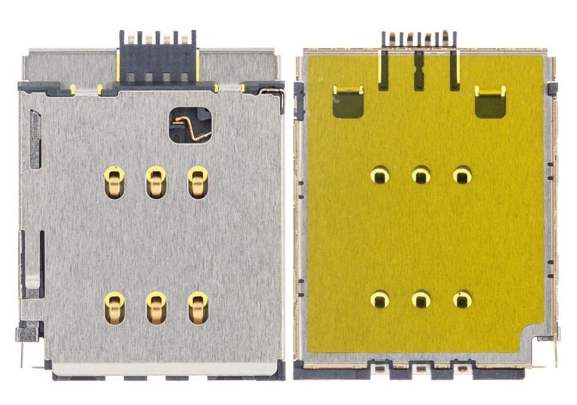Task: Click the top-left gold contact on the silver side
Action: tap(114, 182)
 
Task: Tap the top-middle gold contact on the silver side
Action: tap(156, 182)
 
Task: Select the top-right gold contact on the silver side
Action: tap(198, 182)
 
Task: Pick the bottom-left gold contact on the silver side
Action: tap(114, 308)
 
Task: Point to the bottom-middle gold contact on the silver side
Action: tap(156, 308)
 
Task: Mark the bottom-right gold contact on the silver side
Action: tap(198, 308)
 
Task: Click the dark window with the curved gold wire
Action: tap(189, 125)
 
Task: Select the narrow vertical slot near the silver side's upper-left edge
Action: tap(35, 139)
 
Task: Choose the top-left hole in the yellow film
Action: tap(380, 175)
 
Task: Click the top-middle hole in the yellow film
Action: tap(421, 175)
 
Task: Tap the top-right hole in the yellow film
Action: tap(463, 175)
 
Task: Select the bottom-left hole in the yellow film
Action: tap(380, 299)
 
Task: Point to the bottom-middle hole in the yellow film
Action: tap(421, 299)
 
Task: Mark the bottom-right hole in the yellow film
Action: tap(463, 299)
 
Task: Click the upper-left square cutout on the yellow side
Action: tap(348, 102)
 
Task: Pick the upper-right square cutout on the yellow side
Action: tap(490, 102)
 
